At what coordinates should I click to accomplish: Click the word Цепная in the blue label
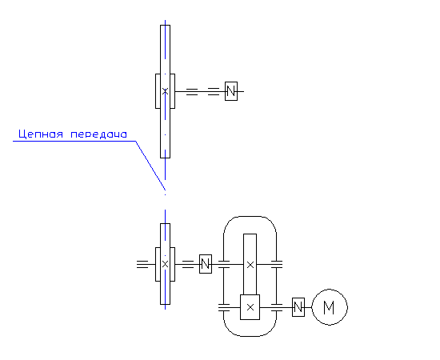click(41, 134)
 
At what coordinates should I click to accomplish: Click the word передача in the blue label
click(98, 134)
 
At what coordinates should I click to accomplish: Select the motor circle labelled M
click(330, 307)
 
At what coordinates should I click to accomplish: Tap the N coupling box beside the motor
click(298, 307)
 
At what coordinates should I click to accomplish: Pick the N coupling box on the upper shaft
click(231, 91)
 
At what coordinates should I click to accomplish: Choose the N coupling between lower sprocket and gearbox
click(206, 264)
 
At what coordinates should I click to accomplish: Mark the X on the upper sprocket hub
click(165, 91)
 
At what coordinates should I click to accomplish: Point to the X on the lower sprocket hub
click(165, 264)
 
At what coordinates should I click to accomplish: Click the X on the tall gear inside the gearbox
click(250, 265)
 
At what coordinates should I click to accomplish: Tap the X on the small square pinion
click(250, 307)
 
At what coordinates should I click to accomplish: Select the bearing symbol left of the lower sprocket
click(142, 264)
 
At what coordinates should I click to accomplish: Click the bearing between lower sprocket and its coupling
click(188, 264)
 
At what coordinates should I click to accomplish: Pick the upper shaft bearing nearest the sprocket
click(192, 91)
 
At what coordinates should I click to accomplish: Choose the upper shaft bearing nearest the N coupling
click(214, 91)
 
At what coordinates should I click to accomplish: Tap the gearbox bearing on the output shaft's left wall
click(224, 264)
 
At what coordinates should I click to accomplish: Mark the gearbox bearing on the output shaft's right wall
click(277, 264)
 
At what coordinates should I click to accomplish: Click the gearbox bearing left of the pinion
click(224, 307)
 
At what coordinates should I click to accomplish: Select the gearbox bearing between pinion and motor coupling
click(277, 307)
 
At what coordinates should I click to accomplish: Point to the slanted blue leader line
click(150, 166)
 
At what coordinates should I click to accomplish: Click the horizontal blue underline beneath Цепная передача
click(74, 141)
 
